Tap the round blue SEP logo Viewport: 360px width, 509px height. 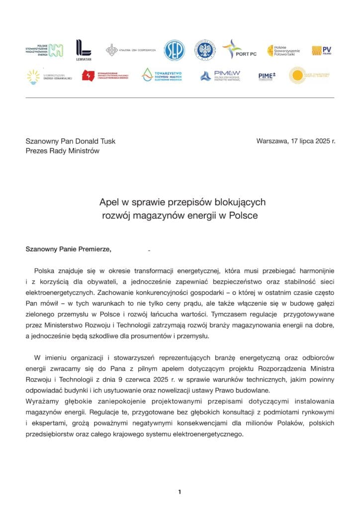pyautogui.click(x=174, y=50)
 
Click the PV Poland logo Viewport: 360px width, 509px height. pyautogui.click(x=321, y=50)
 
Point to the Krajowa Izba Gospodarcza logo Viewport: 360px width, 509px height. pyautogui.click(x=130, y=50)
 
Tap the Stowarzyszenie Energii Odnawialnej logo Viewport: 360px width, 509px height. pyautogui.click(x=49, y=76)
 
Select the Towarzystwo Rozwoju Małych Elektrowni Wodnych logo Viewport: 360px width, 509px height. pyautogui.click(x=162, y=75)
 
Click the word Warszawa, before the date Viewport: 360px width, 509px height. pyautogui.click(x=272, y=141)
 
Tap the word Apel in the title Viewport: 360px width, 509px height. pyautogui.click(x=108, y=202)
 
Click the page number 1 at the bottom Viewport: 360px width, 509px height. pyautogui.click(x=180, y=492)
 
